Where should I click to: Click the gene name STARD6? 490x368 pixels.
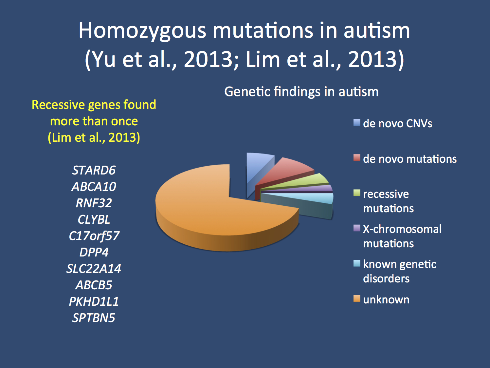click(94, 170)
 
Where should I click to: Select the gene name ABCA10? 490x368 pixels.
click(94, 187)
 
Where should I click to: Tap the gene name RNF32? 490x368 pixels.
click(94, 203)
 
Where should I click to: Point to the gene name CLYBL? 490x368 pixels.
click(94, 219)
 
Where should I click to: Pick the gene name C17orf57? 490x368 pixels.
click(94, 236)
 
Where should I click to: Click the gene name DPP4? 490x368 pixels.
click(94, 252)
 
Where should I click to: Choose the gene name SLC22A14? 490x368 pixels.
click(94, 269)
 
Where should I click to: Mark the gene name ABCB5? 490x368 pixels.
click(94, 285)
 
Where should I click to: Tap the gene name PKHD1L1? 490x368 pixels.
click(94, 301)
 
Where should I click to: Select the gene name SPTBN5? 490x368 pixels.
click(94, 318)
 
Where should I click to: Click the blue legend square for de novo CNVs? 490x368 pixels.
click(357, 123)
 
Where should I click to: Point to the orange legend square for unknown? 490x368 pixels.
click(357, 298)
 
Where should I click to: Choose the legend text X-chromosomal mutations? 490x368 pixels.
click(402, 236)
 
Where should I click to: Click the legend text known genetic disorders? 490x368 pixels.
click(399, 271)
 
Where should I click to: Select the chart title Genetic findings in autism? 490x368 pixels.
click(301, 92)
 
